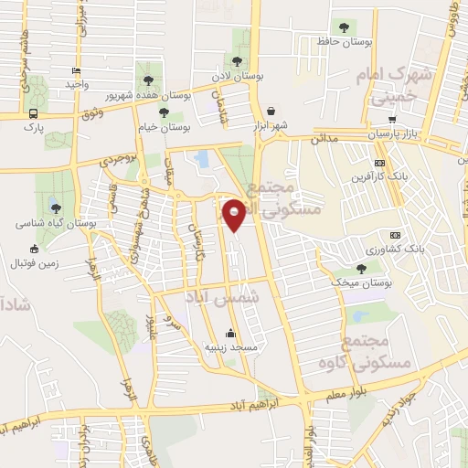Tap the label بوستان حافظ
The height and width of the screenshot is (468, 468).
(x=343, y=42)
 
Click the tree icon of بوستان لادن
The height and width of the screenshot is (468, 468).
(x=238, y=61)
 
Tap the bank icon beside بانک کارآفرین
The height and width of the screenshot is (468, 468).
(x=379, y=163)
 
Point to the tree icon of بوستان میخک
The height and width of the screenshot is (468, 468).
(x=361, y=269)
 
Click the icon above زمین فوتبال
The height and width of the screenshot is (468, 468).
(x=35, y=249)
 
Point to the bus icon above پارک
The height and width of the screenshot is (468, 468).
(x=34, y=114)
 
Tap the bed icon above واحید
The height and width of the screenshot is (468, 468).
(x=76, y=70)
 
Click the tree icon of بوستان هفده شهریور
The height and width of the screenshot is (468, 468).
(x=145, y=80)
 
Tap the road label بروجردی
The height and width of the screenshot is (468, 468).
(x=118, y=161)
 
